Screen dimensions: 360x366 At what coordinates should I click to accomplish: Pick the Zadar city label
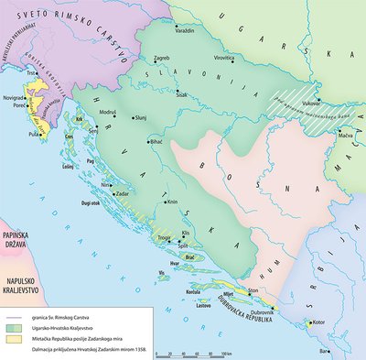click(125, 195)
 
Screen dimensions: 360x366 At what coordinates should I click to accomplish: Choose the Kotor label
click(318, 322)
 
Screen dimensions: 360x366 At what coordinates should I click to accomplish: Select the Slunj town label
click(149, 118)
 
